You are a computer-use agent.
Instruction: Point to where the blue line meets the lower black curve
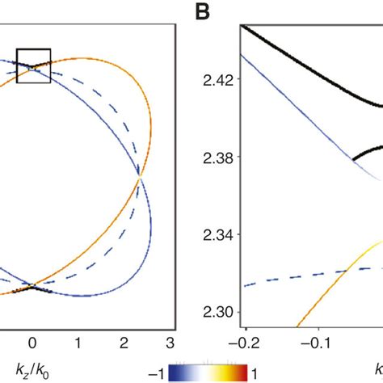352,159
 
